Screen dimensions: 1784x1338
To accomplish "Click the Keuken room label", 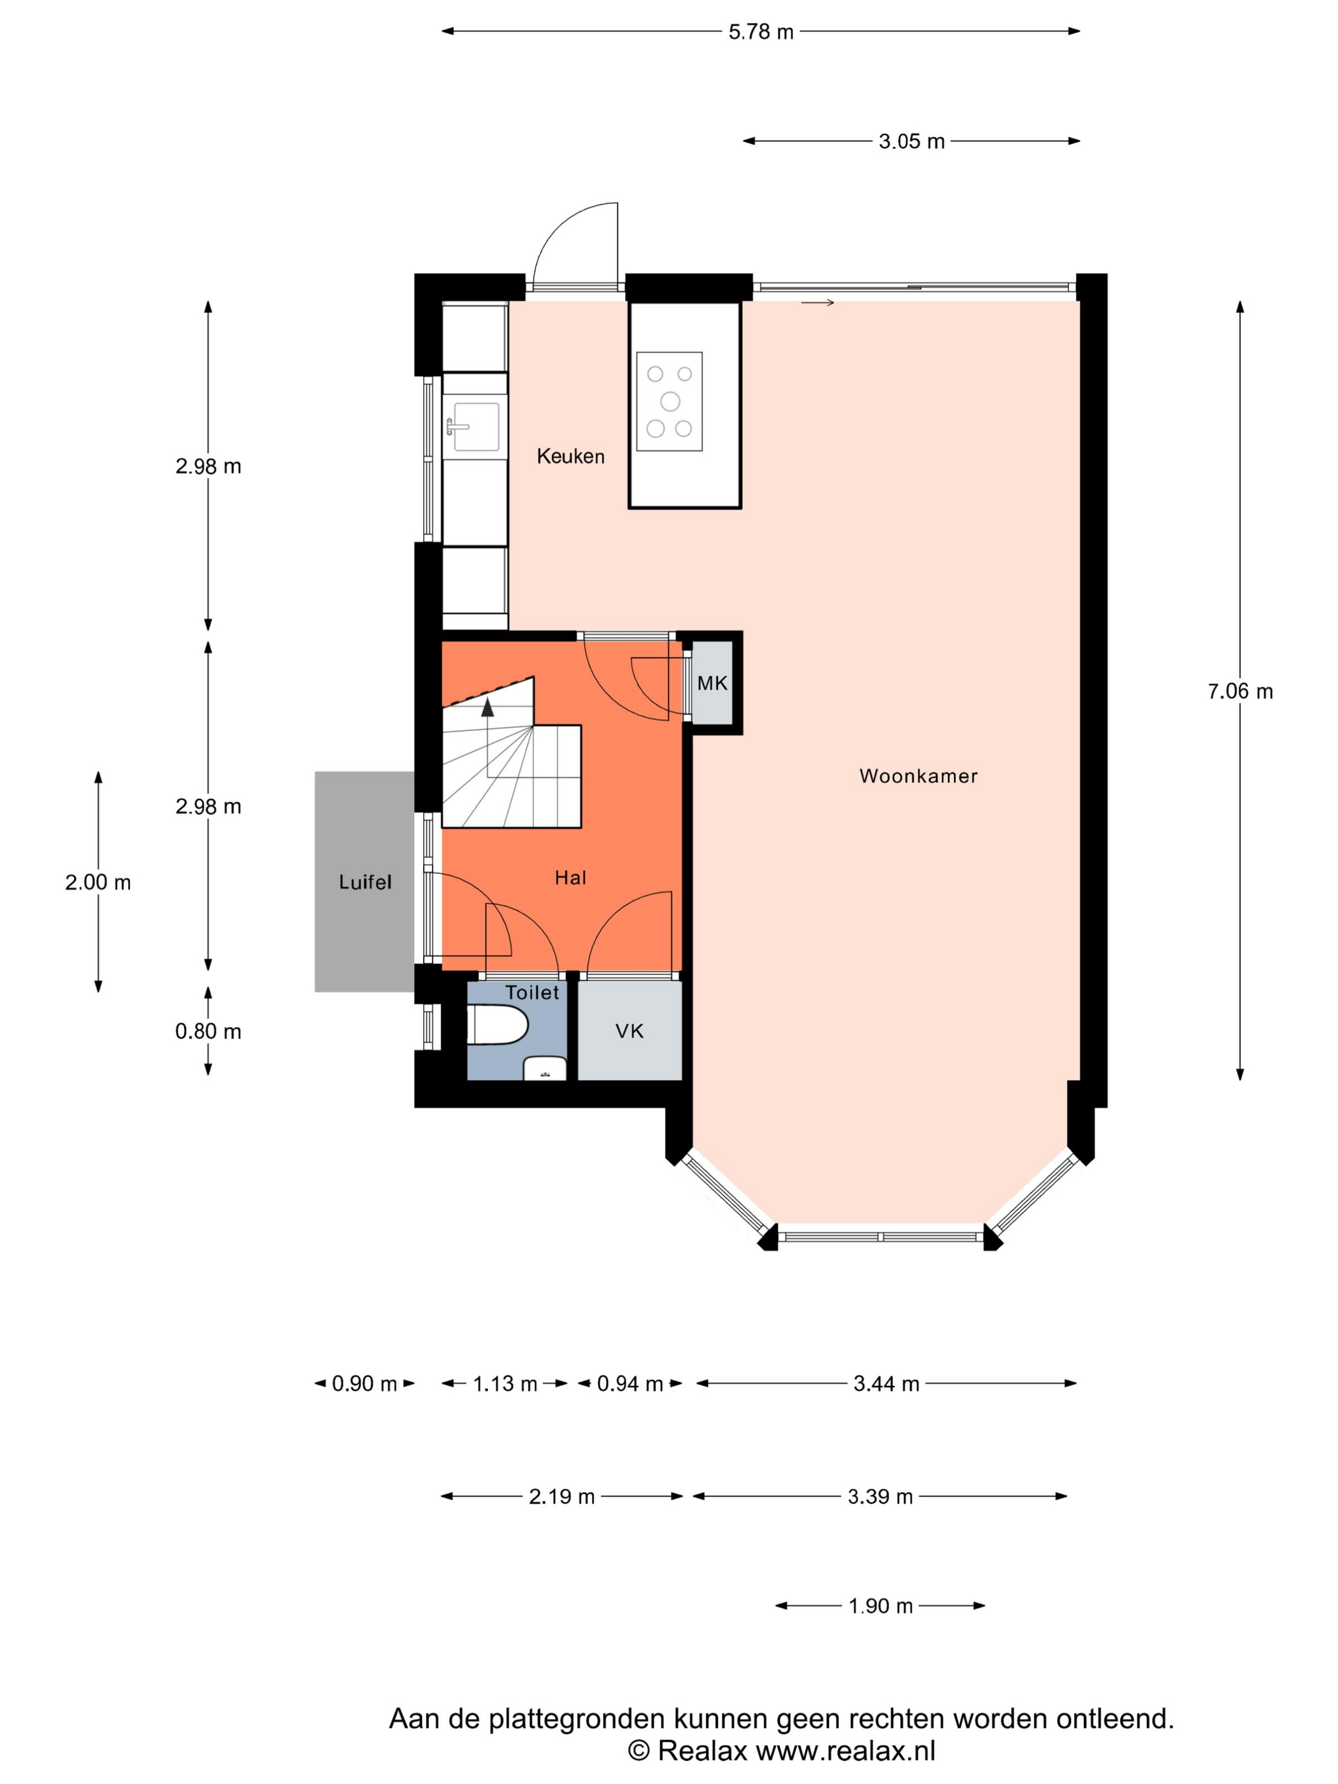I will [x=570, y=456].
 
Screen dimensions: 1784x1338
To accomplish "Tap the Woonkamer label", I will [x=918, y=776].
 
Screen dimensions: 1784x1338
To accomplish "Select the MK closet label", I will [x=712, y=683].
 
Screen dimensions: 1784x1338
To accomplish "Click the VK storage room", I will [x=629, y=1031].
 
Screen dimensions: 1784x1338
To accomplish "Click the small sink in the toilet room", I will [x=544, y=1068].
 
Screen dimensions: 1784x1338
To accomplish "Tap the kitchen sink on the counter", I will [x=475, y=427].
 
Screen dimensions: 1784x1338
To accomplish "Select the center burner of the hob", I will [x=670, y=401].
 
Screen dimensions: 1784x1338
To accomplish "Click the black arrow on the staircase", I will [x=487, y=708].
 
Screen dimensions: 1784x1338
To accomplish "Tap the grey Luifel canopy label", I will [x=364, y=882].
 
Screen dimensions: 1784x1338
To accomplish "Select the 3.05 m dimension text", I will [x=910, y=142].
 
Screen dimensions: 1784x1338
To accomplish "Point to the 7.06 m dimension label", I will [x=1240, y=691].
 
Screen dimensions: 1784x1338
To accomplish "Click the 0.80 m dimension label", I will [x=208, y=1032].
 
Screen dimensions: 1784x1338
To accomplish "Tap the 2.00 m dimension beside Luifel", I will [x=97, y=882].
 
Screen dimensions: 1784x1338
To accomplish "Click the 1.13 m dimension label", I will [x=504, y=1384].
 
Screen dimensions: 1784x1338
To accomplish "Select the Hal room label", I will [x=570, y=877].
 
